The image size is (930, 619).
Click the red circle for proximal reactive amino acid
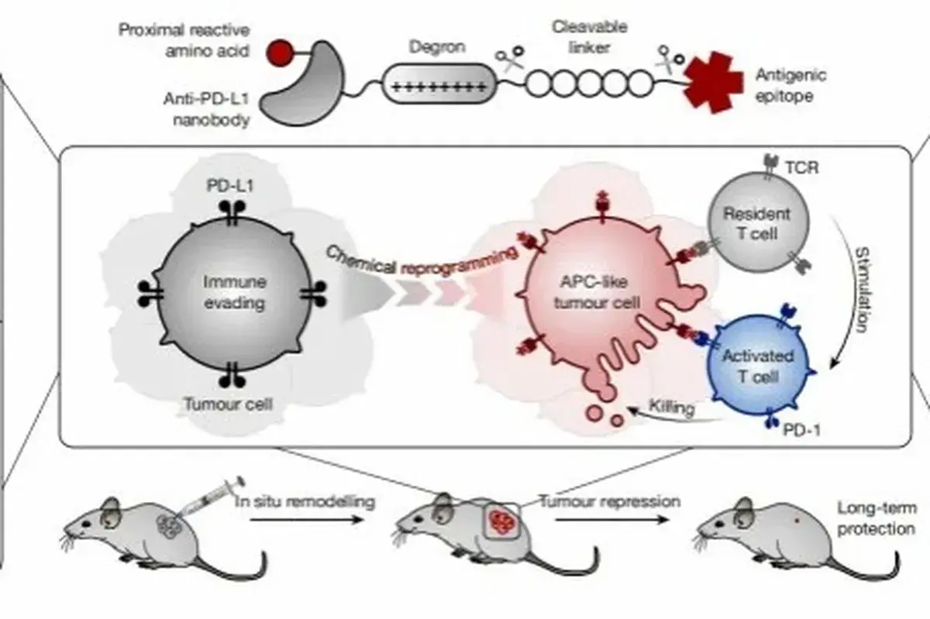[280, 53]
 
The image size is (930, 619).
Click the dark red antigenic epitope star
[711, 81]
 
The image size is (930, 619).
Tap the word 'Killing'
[671, 408]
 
